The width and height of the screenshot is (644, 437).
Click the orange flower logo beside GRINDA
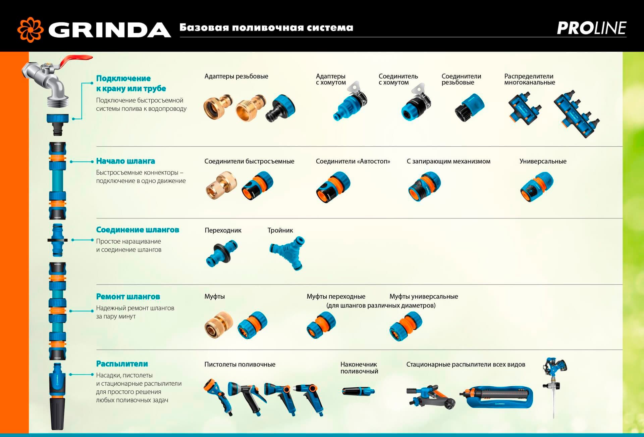[30, 30]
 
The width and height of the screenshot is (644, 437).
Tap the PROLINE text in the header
[591, 28]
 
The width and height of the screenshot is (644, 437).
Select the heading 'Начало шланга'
[125, 161]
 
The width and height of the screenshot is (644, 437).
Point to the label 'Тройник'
[280, 230]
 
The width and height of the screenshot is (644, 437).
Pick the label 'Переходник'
[223, 230]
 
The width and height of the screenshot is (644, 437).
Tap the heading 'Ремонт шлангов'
[128, 297]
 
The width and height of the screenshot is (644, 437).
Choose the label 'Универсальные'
[543, 161]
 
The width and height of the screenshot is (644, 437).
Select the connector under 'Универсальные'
[536, 187]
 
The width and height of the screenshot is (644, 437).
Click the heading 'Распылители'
[122, 364]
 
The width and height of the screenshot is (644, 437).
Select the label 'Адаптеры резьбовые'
[236, 76]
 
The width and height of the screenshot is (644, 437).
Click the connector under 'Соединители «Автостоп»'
[333, 187]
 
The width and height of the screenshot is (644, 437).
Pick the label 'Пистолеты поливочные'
[240, 365]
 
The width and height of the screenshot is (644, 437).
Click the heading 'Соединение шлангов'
[138, 230]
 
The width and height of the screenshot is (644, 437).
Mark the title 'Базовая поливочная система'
[266, 28]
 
